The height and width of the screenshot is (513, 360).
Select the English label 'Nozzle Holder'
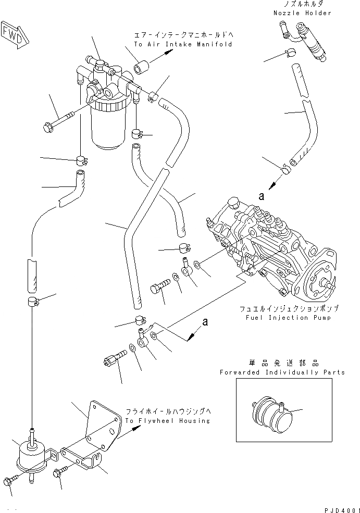point(302,13)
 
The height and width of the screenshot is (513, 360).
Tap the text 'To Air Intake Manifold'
point(183,45)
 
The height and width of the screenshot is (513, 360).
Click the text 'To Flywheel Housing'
point(167,420)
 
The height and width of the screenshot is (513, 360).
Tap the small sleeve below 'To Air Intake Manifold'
point(142,68)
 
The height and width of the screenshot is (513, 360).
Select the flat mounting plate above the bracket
point(102,422)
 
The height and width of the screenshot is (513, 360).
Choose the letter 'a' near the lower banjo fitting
point(206,322)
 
